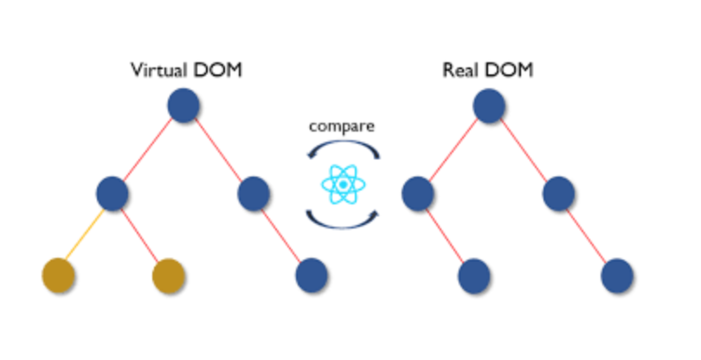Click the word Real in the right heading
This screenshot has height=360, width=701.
[x=460, y=70]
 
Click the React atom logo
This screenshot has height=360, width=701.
[x=343, y=184]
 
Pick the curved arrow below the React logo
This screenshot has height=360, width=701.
[x=343, y=219]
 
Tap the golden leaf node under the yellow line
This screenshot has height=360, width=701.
[x=58, y=275]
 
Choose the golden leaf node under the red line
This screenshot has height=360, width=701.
[x=170, y=275]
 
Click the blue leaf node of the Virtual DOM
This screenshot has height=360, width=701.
[x=312, y=275]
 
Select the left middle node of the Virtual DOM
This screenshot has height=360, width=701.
[x=113, y=193]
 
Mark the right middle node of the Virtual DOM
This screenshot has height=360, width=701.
[x=254, y=193]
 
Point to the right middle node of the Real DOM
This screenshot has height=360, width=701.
[x=560, y=193]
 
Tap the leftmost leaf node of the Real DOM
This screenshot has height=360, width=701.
[x=475, y=275]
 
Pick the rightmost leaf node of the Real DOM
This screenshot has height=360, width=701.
[x=616, y=275]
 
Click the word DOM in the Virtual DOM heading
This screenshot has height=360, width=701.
[x=221, y=70]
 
